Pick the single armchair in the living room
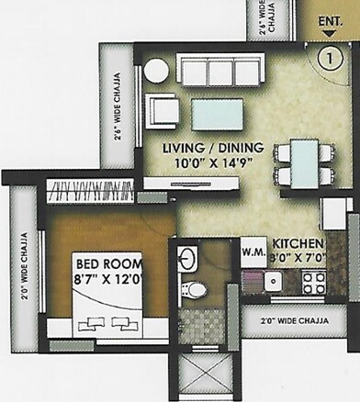(164, 112)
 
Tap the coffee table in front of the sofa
(217, 112)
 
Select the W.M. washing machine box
(253, 250)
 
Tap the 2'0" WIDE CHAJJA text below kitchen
(292, 320)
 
